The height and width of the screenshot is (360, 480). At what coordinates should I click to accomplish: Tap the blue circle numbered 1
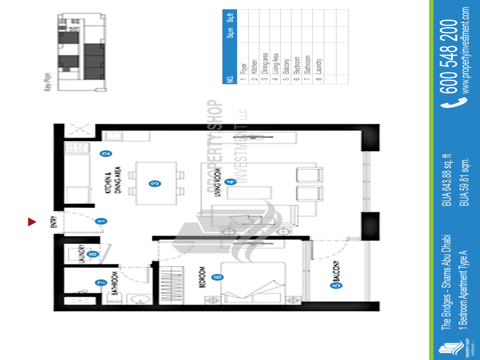[101, 220]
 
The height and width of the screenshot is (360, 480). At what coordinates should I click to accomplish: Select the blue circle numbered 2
[106, 153]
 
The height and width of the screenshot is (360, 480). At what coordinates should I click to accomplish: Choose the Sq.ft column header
[230, 18]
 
